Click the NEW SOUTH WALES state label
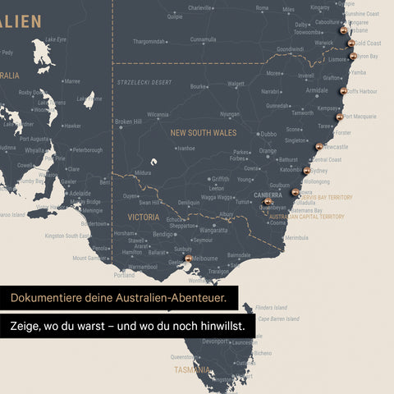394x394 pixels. (203, 132)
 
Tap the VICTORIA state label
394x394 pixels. (144, 218)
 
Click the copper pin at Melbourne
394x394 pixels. (189, 258)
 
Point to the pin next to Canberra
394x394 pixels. (268, 201)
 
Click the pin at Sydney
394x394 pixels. (307, 171)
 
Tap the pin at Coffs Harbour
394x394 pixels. (343, 91)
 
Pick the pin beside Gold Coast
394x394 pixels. (350, 43)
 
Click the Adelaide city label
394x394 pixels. (80, 194)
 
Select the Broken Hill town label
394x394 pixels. (128, 121)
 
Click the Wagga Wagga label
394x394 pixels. (217, 197)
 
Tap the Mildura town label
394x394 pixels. (143, 173)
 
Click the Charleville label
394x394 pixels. (199, 7)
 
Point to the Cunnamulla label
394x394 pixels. (203, 39)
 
